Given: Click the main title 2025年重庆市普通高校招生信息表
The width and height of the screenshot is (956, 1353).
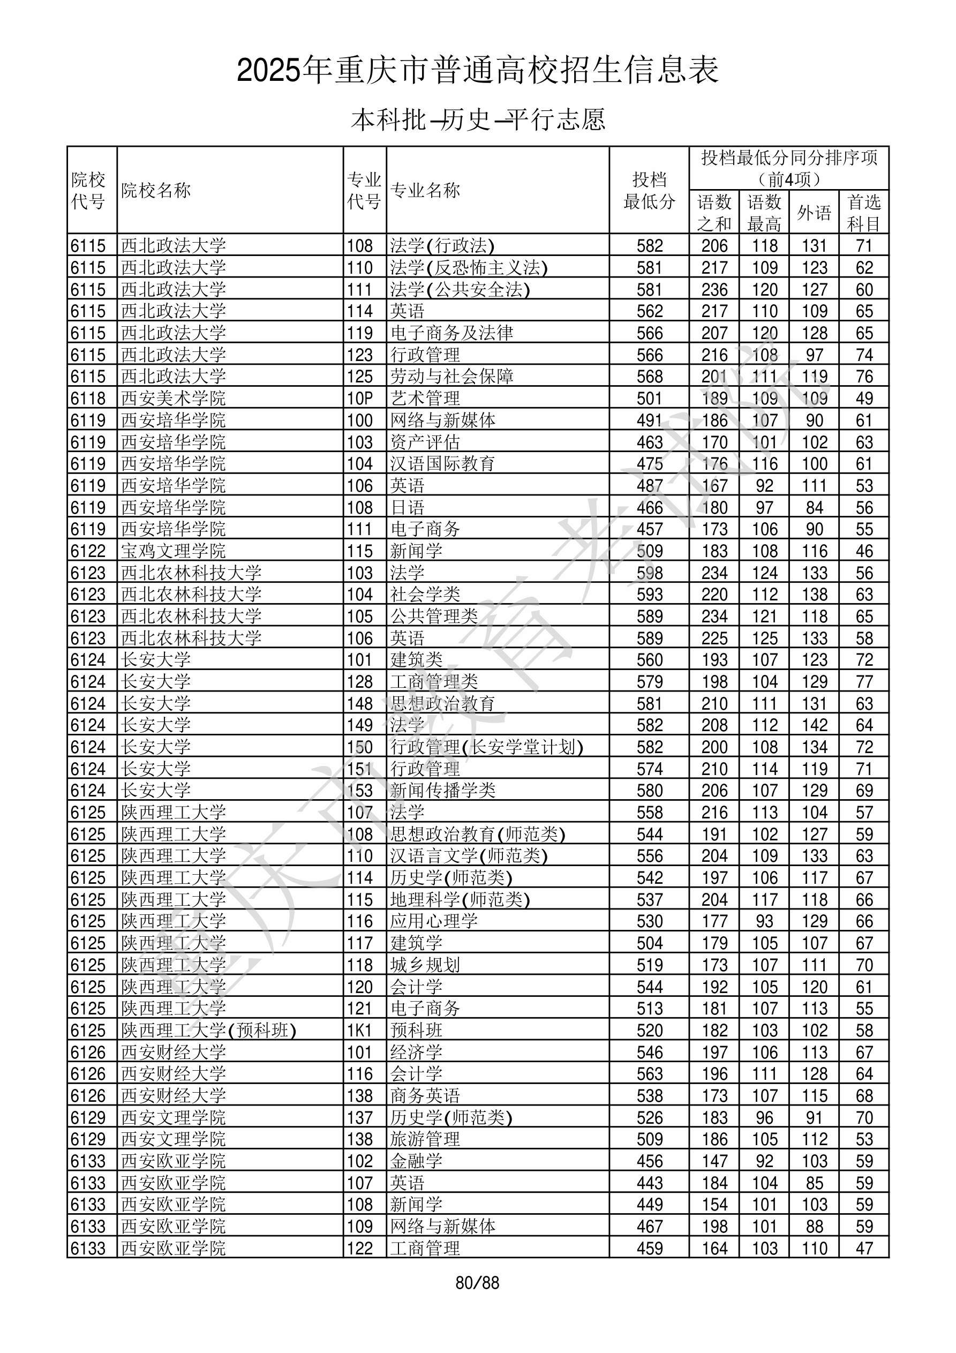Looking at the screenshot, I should click(x=477, y=71).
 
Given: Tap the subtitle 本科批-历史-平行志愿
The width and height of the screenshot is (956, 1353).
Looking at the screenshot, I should click(x=477, y=119).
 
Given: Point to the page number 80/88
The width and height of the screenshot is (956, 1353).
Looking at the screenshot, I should click(x=477, y=1283).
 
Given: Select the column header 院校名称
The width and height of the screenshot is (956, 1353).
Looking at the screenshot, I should click(x=156, y=190).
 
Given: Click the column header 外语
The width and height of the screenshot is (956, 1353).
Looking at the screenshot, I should click(x=814, y=212).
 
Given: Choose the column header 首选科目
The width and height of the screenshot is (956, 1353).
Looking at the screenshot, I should click(x=863, y=213).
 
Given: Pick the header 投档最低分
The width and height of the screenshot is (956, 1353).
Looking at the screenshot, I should click(x=649, y=190).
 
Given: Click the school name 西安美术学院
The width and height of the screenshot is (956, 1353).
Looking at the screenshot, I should click(x=174, y=399).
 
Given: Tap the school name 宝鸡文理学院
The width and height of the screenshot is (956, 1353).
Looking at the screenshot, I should click(x=174, y=551).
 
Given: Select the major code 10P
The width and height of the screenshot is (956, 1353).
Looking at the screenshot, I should click(x=360, y=399).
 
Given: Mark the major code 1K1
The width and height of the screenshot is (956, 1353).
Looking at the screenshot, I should click(x=360, y=1031).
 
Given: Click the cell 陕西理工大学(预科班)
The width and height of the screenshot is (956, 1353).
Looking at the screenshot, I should click(x=209, y=1031).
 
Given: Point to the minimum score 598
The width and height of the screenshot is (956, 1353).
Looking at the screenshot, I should click(x=650, y=573).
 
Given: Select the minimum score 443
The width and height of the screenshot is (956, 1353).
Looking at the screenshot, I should click(x=650, y=1183).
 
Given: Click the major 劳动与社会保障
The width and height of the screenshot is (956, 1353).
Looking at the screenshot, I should click(x=451, y=377).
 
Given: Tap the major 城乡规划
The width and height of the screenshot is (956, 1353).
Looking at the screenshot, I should click(x=424, y=965).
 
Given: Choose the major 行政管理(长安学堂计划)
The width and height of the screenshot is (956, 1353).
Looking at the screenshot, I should click(x=486, y=747).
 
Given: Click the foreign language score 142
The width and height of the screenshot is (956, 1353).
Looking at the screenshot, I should click(x=815, y=725).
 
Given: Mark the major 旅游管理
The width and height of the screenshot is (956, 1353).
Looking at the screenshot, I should click(x=424, y=1140).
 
